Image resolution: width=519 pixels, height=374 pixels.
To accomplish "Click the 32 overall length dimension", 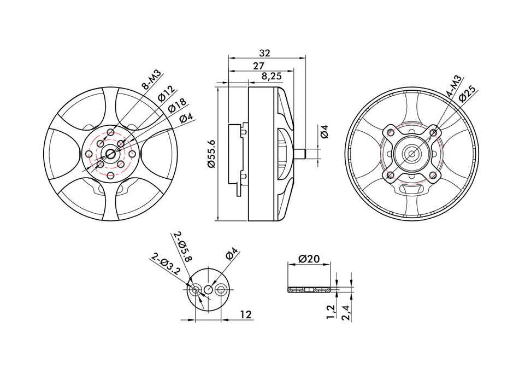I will (x=265, y=53).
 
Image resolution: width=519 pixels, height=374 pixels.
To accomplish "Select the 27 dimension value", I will (x=259, y=66).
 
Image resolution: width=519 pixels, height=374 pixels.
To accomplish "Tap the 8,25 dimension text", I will (x=272, y=77).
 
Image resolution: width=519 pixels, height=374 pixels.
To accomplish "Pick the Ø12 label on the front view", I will (x=165, y=93).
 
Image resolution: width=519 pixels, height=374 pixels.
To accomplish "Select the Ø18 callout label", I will (x=176, y=105).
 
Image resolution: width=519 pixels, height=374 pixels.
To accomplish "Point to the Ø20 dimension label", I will (x=309, y=259).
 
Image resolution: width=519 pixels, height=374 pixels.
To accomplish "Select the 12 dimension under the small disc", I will (x=245, y=314).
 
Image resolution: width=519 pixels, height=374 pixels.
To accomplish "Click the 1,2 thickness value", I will (x=331, y=311).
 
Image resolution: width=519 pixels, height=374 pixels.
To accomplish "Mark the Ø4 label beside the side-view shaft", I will (x=324, y=131).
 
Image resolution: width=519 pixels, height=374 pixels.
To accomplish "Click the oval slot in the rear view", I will (x=412, y=189).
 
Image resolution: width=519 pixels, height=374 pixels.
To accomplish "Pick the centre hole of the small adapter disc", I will (x=208, y=289).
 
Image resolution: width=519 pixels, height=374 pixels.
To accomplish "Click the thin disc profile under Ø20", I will (x=309, y=289).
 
